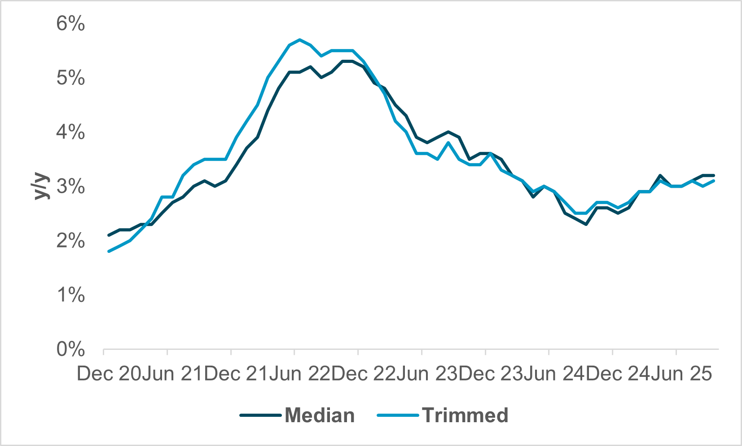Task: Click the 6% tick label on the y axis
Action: click(x=70, y=23)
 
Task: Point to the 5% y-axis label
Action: click(x=70, y=78)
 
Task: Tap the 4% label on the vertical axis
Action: click(x=70, y=132)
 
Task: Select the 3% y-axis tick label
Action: click(x=70, y=186)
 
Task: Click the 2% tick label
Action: click(x=70, y=241)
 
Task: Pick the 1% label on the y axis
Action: click(x=70, y=295)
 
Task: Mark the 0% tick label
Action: click(x=70, y=349)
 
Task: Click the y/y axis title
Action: click(x=41, y=186)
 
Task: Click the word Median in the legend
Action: click(x=320, y=415)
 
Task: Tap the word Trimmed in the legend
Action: click(x=465, y=415)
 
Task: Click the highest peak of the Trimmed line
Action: click(x=300, y=40)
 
